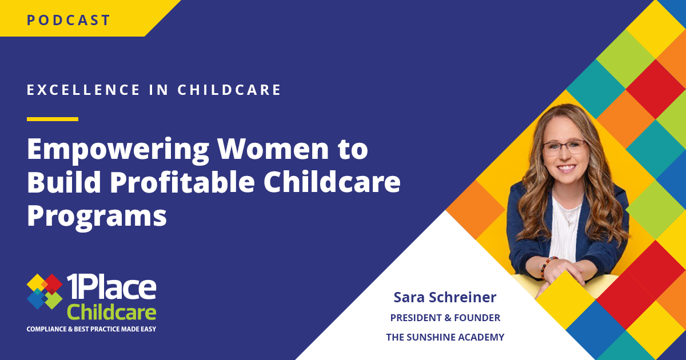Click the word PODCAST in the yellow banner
coord(68,20)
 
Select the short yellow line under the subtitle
coord(53,119)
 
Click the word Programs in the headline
coord(97,217)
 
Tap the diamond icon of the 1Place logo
coord(45,291)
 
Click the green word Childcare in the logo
coord(111,312)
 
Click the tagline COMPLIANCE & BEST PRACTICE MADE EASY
coord(91,329)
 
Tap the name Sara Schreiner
coord(445,297)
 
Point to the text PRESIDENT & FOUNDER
coord(445,318)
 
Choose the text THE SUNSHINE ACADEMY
coord(445,337)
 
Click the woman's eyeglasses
coord(565,147)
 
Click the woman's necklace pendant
coord(569,223)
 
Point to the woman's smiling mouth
coord(567,168)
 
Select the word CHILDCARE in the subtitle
coord(229,90)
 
